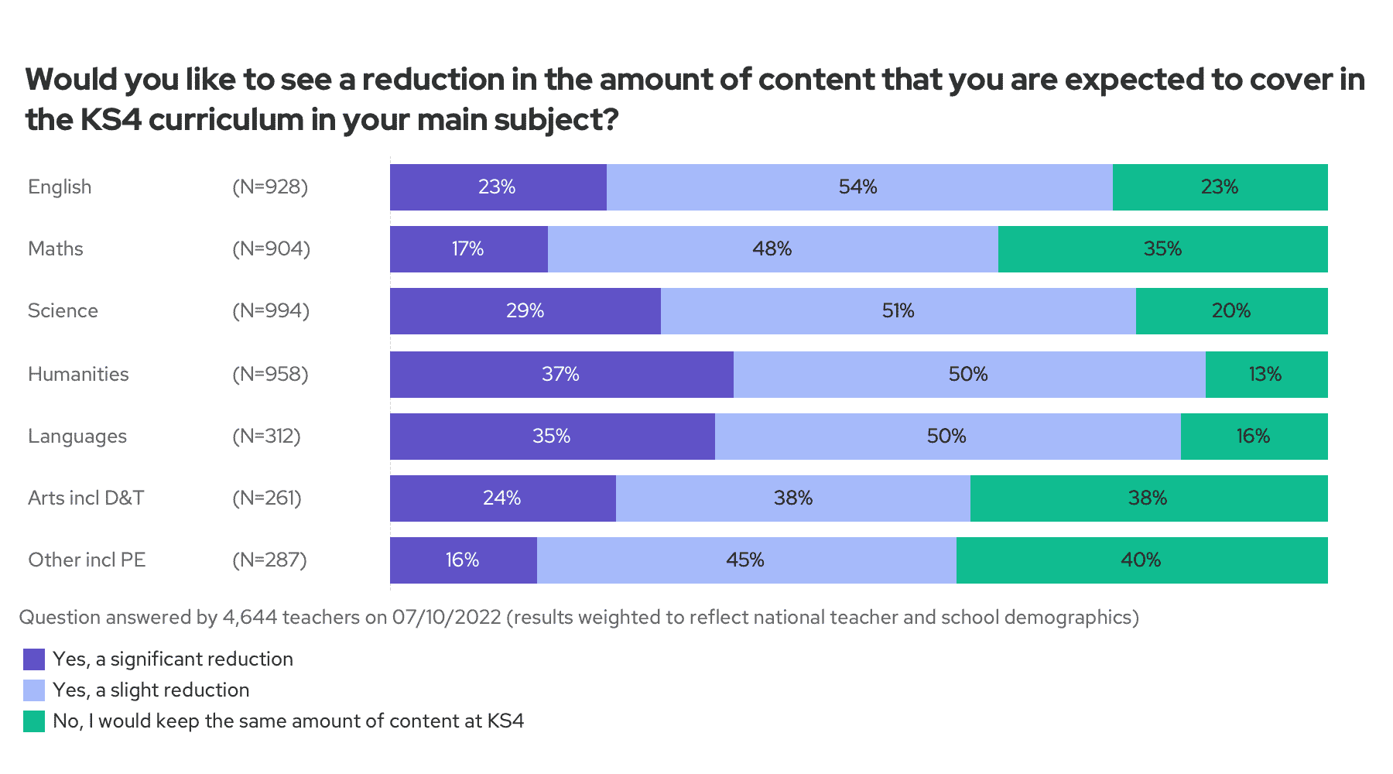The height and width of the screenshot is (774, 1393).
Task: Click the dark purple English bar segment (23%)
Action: tap(498, 187)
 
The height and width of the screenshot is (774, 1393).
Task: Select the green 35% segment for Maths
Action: tap(1162, 249)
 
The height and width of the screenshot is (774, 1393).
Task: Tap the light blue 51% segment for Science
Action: tap(898, 311)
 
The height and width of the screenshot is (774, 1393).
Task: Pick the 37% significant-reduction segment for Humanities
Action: tap(561, 375)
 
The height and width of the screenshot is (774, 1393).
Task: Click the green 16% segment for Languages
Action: tap(1254, 437)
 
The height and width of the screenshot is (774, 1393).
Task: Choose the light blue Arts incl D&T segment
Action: tap(792, 498)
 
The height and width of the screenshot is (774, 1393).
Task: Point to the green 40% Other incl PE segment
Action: tap(1141, 560)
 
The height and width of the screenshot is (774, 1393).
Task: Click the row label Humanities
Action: tap(78, 375)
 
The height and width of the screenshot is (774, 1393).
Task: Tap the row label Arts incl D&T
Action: tap(86, 498)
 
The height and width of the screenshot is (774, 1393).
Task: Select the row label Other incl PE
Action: tap(87, 560)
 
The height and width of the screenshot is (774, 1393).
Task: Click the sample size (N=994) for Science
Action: tap(271, 311)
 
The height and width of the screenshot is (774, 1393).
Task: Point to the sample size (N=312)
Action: tap(266, 437)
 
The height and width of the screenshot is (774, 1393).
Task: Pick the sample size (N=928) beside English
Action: tap(270, 187)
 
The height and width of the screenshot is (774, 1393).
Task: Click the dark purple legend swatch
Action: tap(34, 659)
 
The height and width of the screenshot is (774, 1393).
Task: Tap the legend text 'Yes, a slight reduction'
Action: tap(151, 690)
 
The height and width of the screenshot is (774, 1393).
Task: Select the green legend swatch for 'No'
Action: tap(34, 721)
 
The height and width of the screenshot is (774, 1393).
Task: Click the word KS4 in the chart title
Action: tap(111, 120)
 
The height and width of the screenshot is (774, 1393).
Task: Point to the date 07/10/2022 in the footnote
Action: tap(447, 618)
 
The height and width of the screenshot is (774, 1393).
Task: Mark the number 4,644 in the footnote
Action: tap(249, 618)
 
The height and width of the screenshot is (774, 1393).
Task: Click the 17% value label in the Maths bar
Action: tap(467, 249)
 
